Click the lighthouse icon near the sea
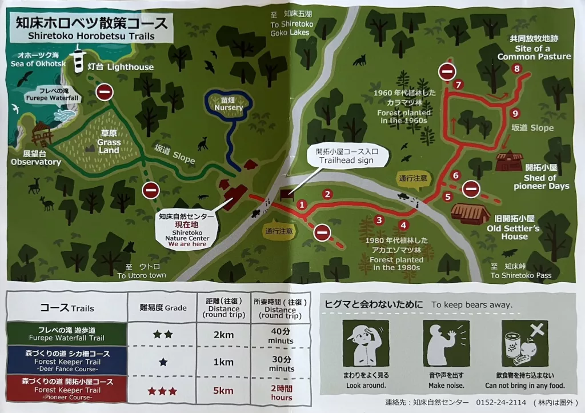coord(78,59)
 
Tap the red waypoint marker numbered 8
coord(518,69)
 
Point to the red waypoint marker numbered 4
coord(403,224)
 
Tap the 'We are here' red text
coord(188,243)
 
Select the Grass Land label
coord(109,146)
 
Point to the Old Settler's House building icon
coord(470,213)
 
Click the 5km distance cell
coord(223,391)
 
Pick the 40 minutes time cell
coord(282,335)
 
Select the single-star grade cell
coord(163,362)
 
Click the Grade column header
coord(163,308)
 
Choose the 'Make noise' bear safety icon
coord(445,343)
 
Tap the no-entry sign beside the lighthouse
coord(104,91)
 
